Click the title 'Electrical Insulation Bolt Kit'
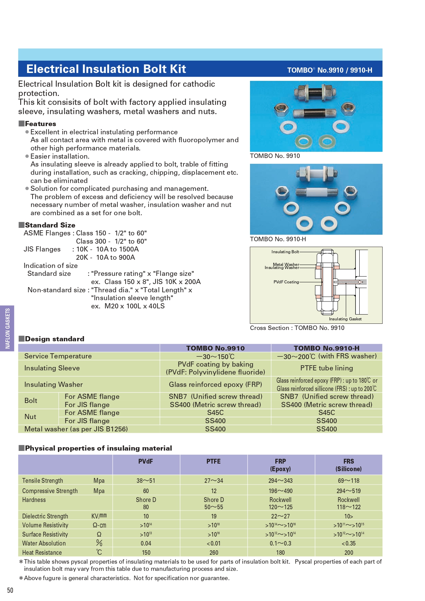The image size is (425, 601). point(106,69)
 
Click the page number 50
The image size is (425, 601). point(10,590)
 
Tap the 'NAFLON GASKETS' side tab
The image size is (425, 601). point(8,328)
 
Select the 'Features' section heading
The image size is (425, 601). point(40,124)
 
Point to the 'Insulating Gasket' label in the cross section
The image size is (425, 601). point(345,319)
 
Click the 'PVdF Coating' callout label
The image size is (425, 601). point(286,282)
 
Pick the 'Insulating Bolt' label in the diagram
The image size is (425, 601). point(285,252)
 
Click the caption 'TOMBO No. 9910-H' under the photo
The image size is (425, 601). point(278,239)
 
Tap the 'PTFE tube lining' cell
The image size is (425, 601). point(326,368)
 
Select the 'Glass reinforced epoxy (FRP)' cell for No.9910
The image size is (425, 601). point(215,384)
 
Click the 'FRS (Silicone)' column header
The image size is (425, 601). point(348,465)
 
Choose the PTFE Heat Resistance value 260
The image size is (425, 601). point(214,552)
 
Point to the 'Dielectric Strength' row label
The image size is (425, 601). point(45,516)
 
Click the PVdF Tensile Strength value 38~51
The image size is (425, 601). point(146,481)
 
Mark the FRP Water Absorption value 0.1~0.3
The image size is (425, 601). point(280,543)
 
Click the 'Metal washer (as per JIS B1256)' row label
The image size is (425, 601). point(76,429)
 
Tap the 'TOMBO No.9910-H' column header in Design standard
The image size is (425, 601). point(326,348)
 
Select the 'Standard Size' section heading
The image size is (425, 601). point(50,225)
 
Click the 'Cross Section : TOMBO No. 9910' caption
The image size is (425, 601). point(297,328)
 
